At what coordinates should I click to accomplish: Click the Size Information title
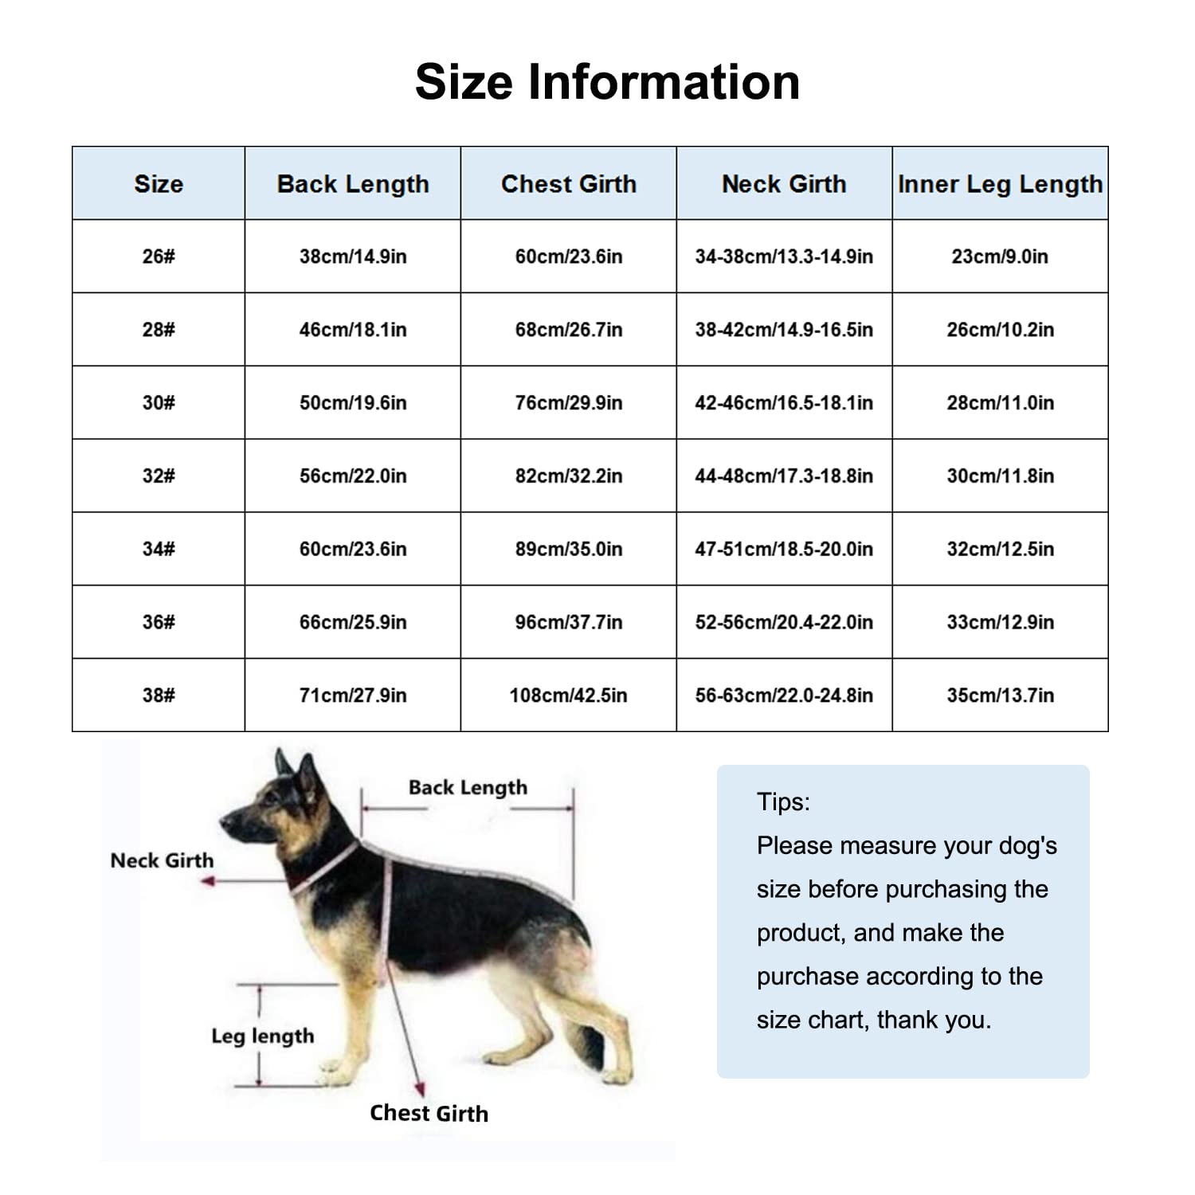click(607, 82)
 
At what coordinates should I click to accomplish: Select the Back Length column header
click(353, 184)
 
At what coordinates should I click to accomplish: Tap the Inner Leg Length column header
click(1000, 184)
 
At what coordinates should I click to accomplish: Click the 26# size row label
click(159, 257)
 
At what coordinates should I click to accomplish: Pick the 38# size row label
click(159, 695)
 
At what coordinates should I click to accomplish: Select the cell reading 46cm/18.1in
click(353, 330)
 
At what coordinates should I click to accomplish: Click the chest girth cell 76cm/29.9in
click(569, 403)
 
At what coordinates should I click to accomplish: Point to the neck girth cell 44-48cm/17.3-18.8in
click(784, 476)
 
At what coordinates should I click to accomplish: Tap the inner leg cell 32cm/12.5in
click(1000, 549)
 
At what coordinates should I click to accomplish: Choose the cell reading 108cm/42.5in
click(569, 695)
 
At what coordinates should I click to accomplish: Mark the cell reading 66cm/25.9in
click(353, 622)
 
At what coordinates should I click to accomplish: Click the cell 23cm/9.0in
click(1000, 257)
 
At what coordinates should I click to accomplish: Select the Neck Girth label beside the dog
click(162, 860)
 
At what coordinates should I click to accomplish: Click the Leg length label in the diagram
click(262, 1036)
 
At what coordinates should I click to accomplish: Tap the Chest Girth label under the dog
click(429, 1113)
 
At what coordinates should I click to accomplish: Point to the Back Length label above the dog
click(468, 787)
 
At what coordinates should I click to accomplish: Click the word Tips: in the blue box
click(783, 801)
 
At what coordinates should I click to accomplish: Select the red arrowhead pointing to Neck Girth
click(209, 881)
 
